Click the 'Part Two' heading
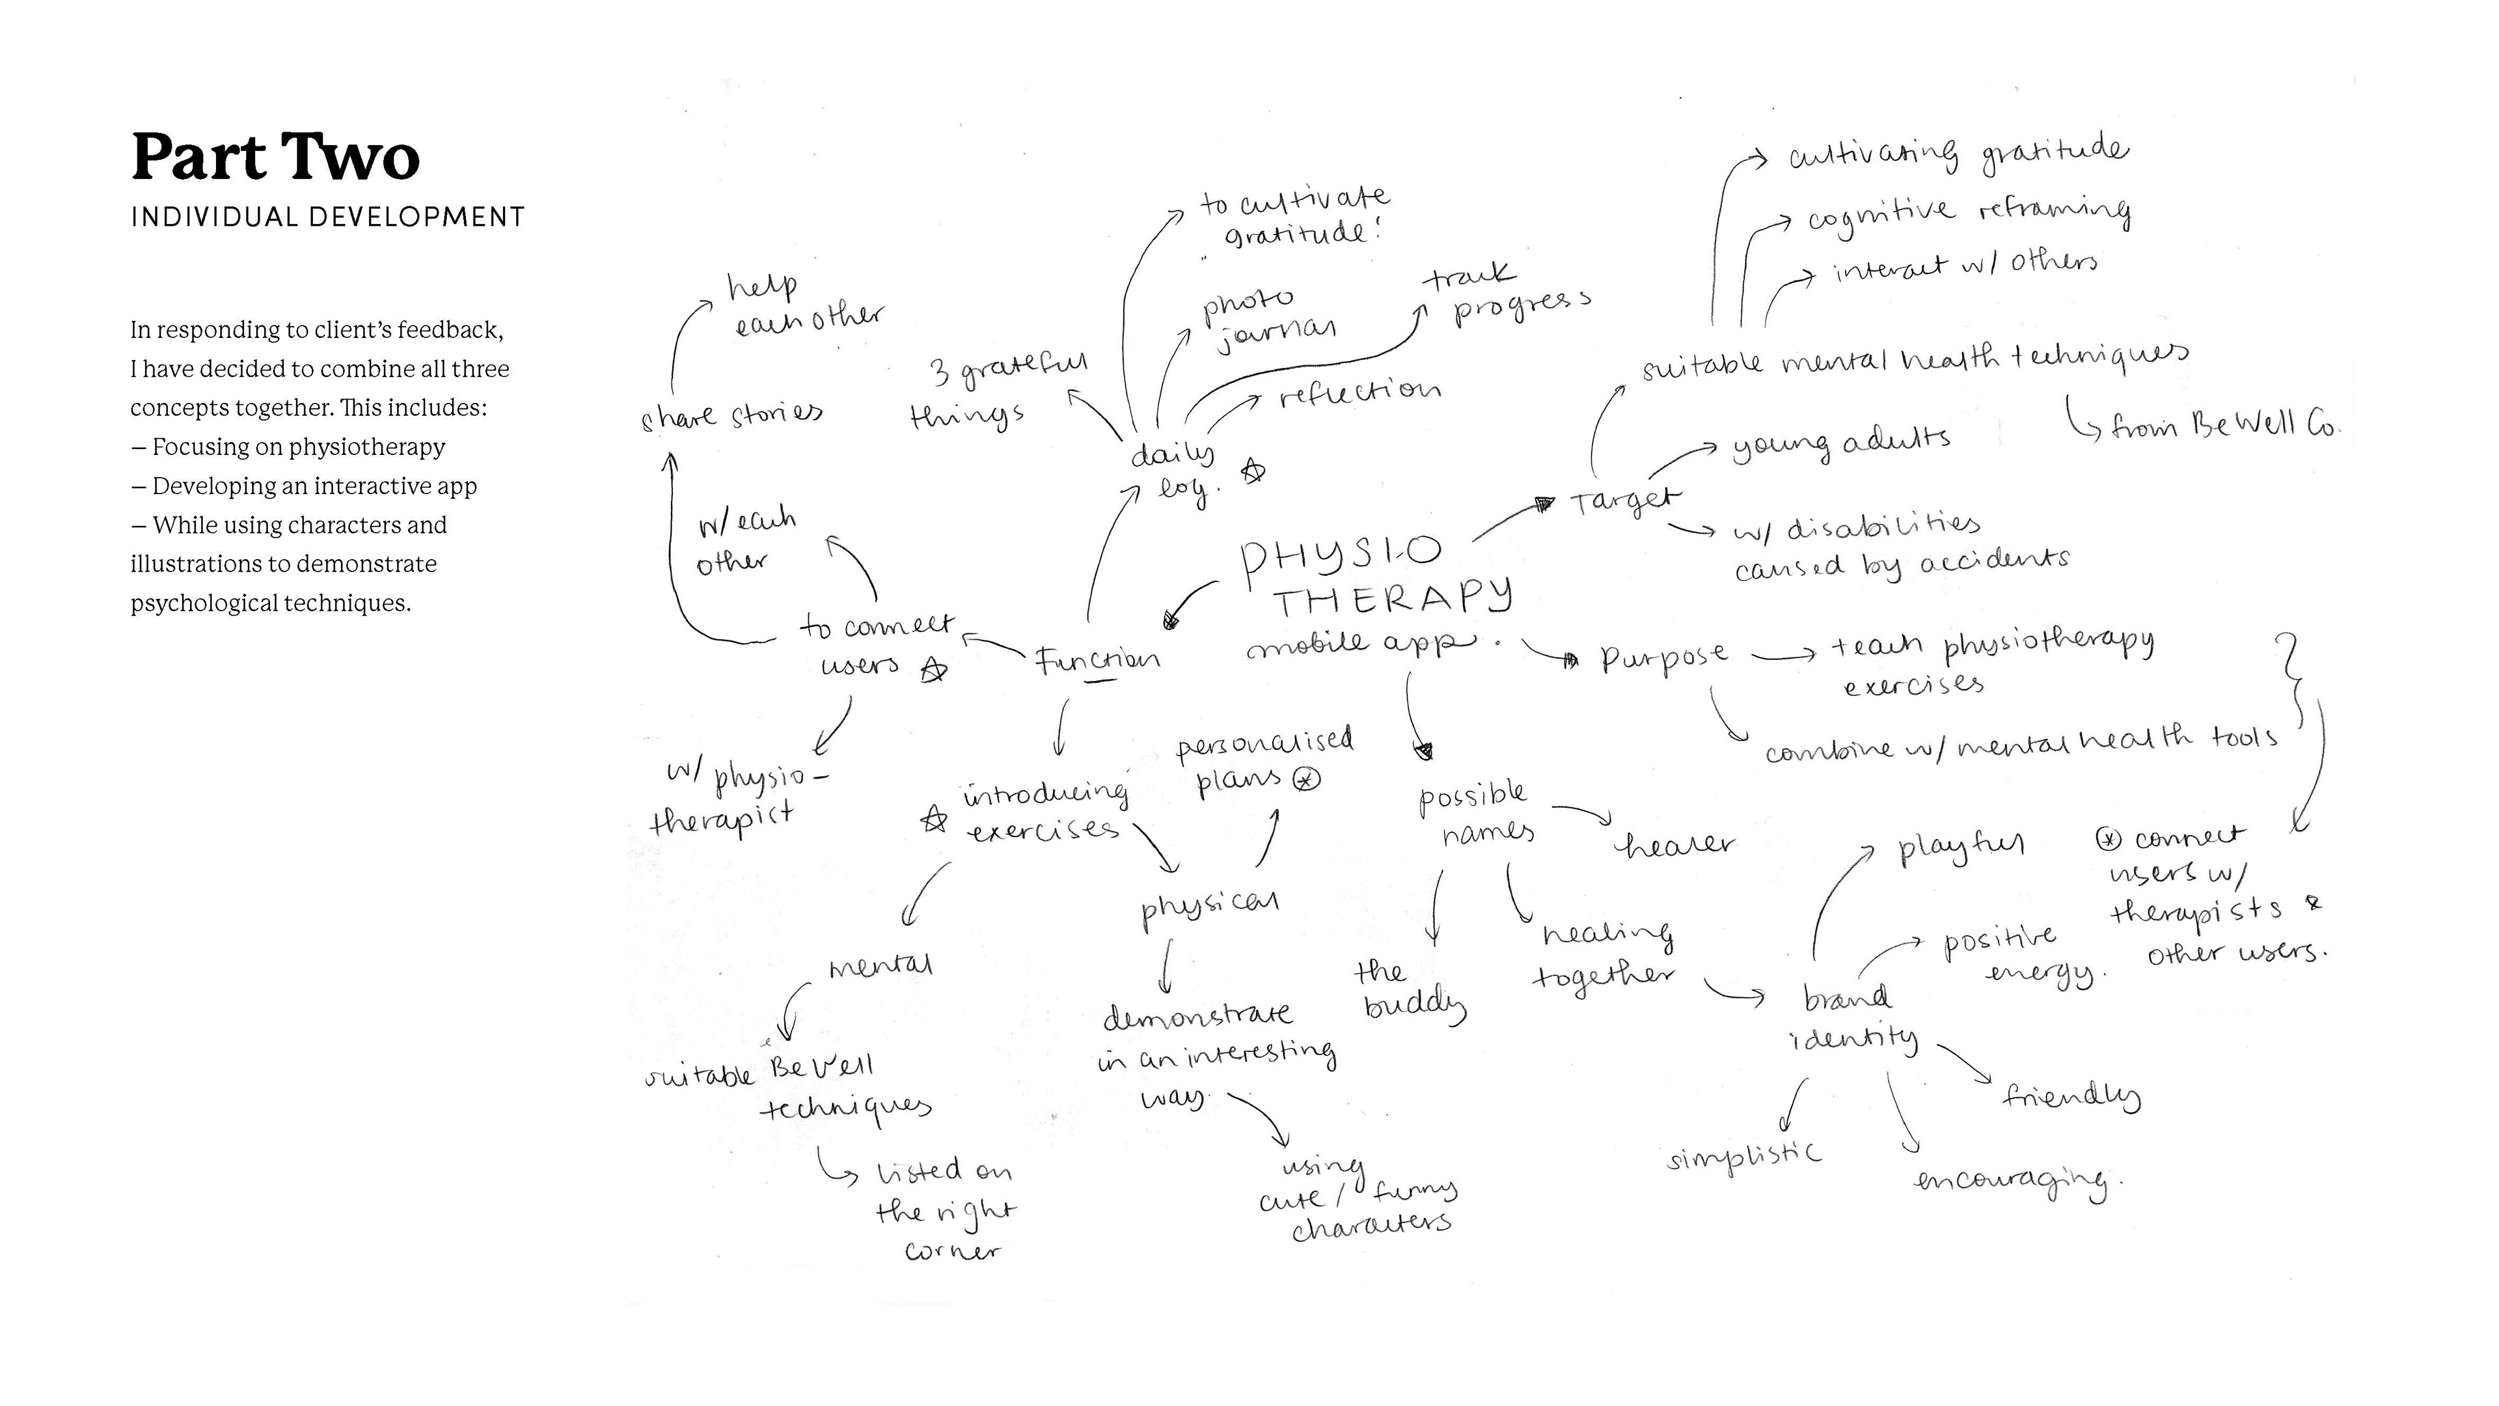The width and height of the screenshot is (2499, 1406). pyautogui.click(x=275, y=157)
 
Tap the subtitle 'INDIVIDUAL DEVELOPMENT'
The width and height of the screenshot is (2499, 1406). pyautogui.click(x=328, y=216)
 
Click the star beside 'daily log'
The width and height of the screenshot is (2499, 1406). pyautogui.click(x=1253, y=473)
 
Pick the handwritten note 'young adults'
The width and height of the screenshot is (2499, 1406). pyautogui.click(x=1840, y=443)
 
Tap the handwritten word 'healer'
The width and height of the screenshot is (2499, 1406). pyautogui.click(x=1673, y=845)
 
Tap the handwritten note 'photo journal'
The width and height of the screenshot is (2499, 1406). pyautogui.click(x=1266, y=319)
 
